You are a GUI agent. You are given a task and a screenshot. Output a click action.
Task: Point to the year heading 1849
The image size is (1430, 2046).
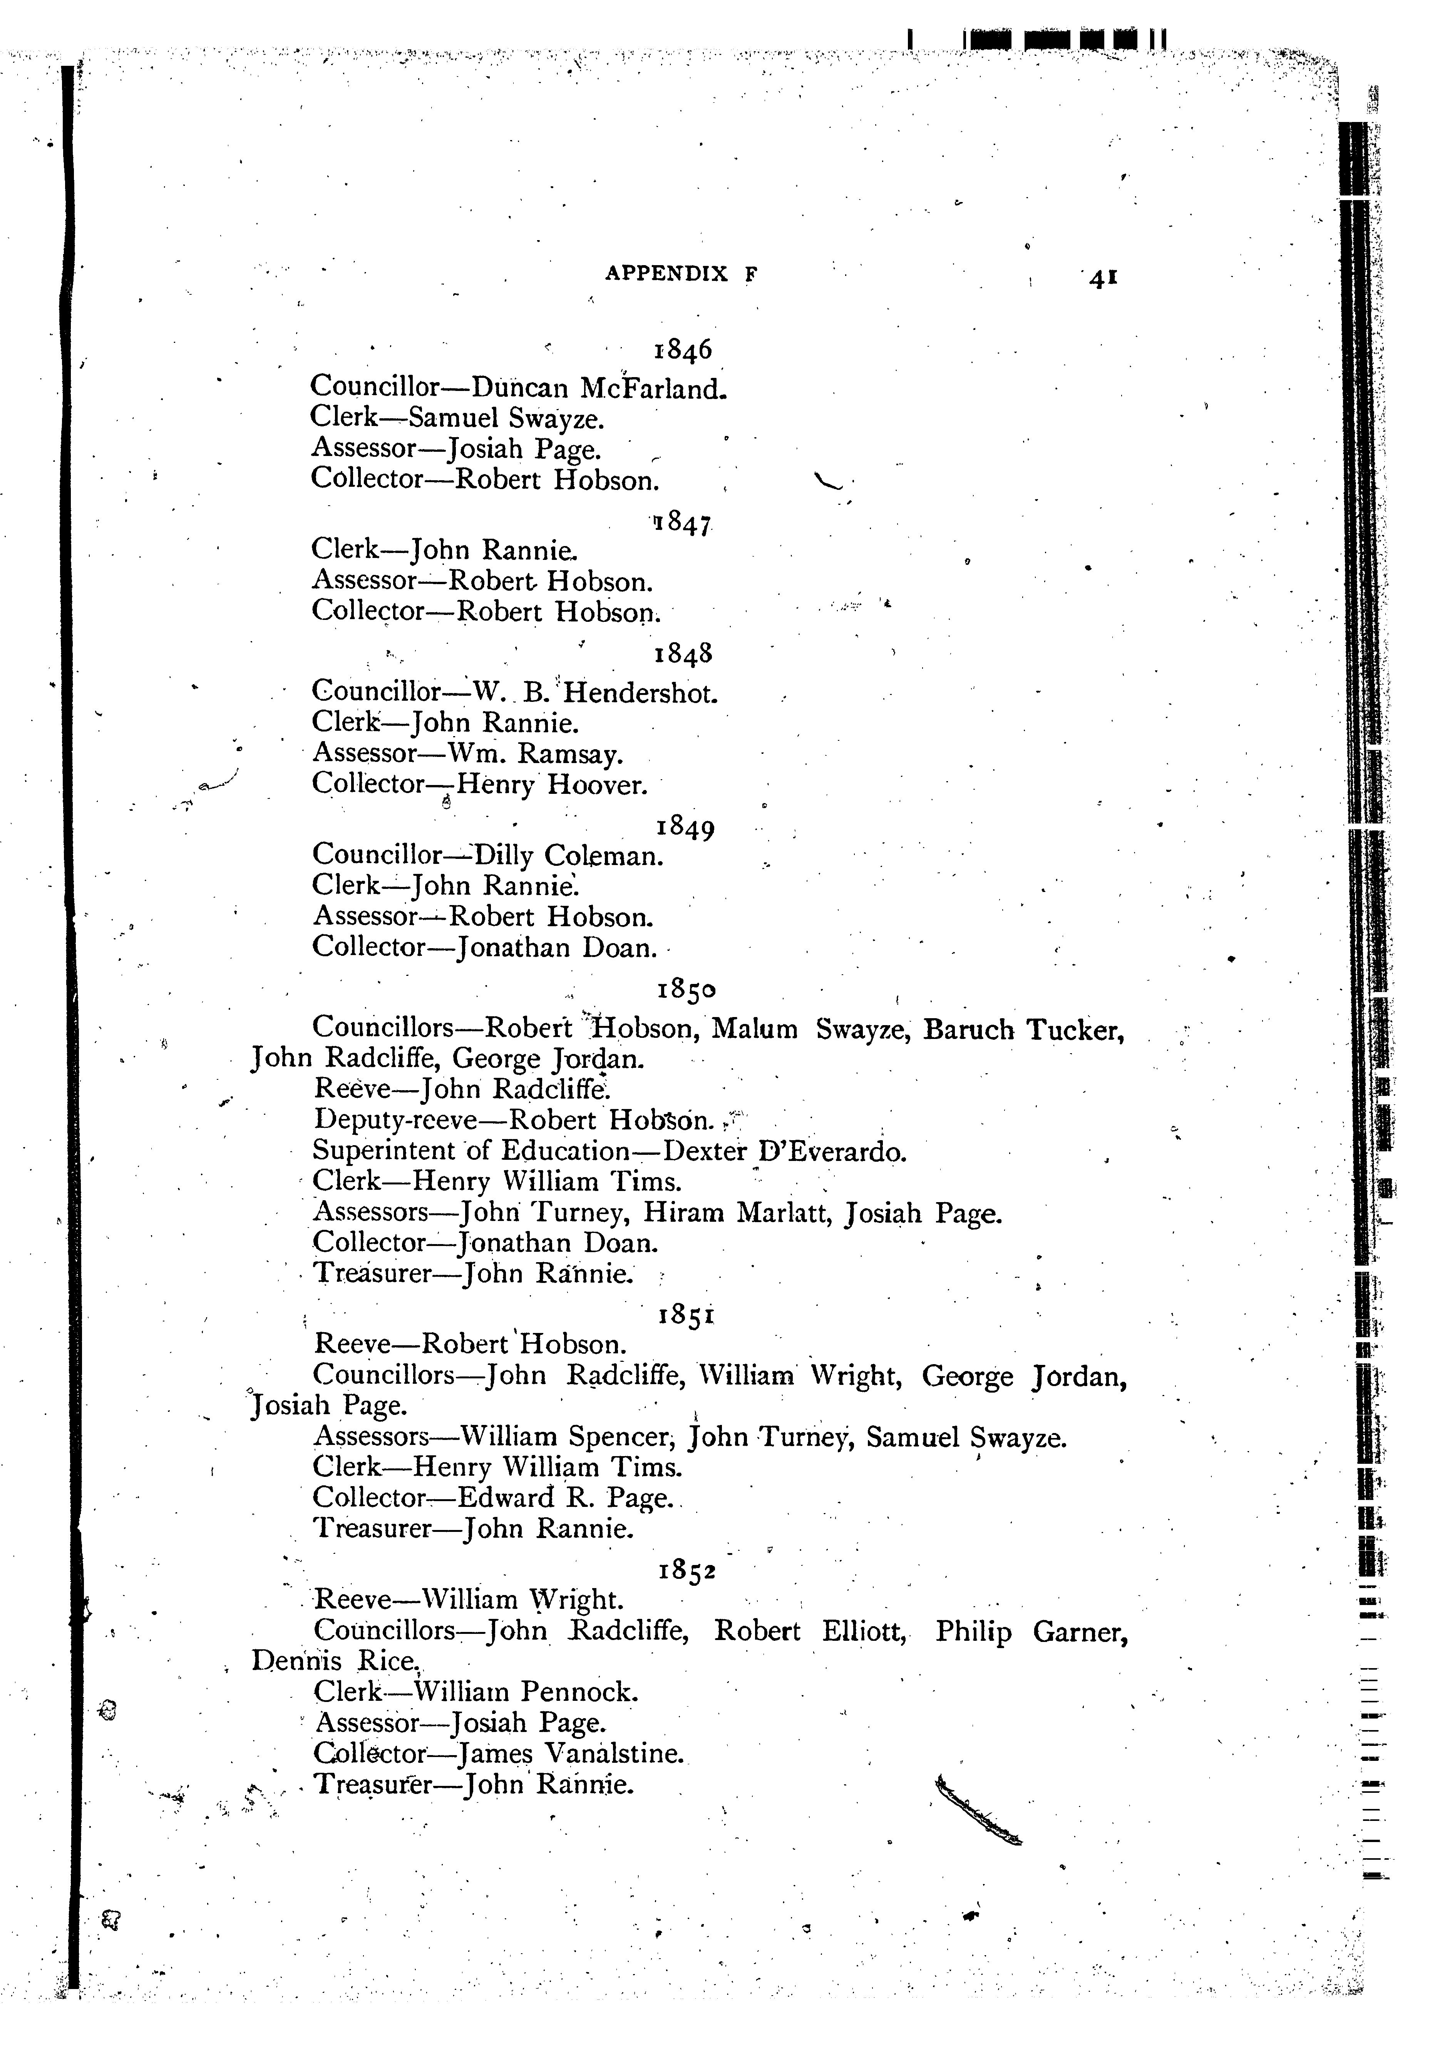[x=685, y=828]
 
